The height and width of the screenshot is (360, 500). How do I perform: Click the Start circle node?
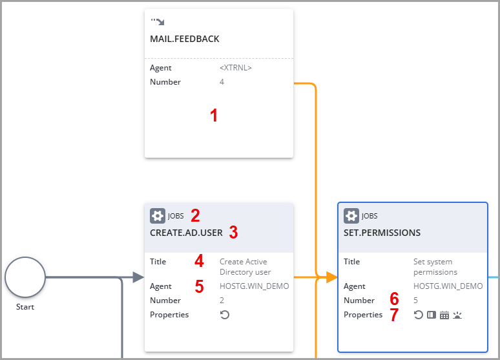25,277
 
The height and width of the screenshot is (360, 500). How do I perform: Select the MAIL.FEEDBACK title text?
185,39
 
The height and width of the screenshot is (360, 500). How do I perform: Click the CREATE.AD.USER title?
186,232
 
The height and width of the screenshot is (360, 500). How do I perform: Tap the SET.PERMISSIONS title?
382,233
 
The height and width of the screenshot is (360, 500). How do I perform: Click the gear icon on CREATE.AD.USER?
157,216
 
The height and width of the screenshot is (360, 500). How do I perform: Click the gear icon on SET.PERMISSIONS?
351,216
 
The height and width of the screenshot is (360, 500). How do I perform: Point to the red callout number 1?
214,116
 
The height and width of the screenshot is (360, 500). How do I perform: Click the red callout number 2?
195,216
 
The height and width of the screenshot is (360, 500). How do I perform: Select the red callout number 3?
233,233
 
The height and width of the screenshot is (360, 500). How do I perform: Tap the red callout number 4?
199,262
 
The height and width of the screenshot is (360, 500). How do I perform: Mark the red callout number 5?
199,286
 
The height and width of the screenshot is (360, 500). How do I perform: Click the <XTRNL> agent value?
236,68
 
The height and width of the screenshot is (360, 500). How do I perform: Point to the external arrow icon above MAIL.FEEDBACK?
157,22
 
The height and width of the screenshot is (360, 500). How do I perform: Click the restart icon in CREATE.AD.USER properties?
225,315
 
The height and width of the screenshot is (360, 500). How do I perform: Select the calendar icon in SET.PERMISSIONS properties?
444,315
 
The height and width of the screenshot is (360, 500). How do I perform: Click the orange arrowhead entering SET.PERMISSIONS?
332,277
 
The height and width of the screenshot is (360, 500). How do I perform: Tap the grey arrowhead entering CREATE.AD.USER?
138,277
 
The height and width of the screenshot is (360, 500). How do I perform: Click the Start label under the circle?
25,307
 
